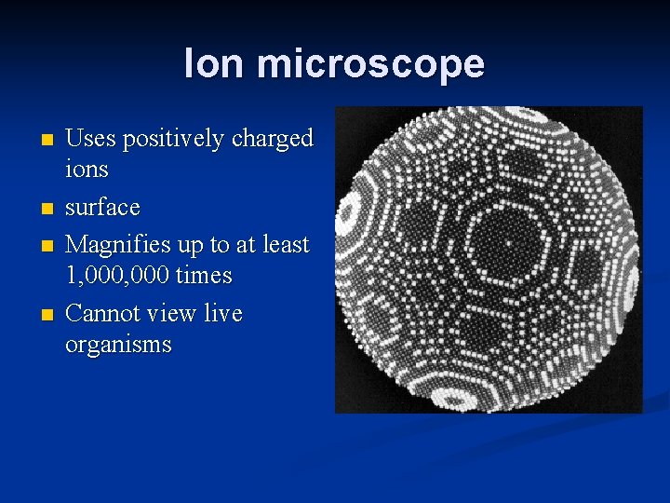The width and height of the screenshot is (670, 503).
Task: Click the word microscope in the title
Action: pos(369,64)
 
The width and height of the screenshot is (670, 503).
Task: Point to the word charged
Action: pos(273,140)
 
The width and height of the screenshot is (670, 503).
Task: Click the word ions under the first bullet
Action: pos(87,170)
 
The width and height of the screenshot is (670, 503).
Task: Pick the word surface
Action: pos(102,207)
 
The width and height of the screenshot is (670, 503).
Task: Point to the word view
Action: pos(177,314)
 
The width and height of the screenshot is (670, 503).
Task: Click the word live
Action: pos(224,314)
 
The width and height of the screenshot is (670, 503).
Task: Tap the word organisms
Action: pos(118,346)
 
